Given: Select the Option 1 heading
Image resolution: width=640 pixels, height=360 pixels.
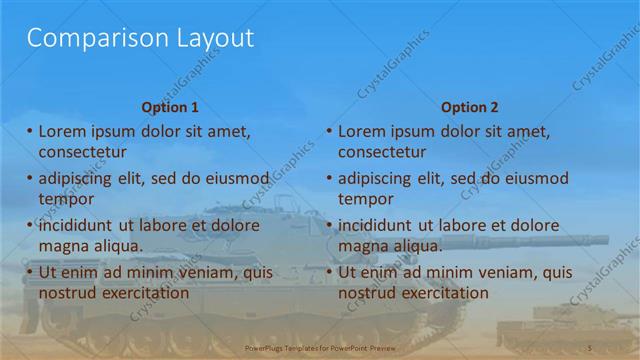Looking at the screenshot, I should click(170, 107).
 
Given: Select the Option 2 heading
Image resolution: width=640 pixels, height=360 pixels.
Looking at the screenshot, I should click(469, 107).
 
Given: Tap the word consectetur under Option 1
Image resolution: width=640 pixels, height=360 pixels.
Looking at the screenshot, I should click(82, 152).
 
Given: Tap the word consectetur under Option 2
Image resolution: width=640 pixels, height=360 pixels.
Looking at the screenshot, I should click(382, 152).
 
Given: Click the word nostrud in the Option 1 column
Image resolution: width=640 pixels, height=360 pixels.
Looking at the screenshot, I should click(69, 293).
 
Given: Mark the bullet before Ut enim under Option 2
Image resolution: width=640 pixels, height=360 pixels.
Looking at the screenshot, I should click(329, 271).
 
